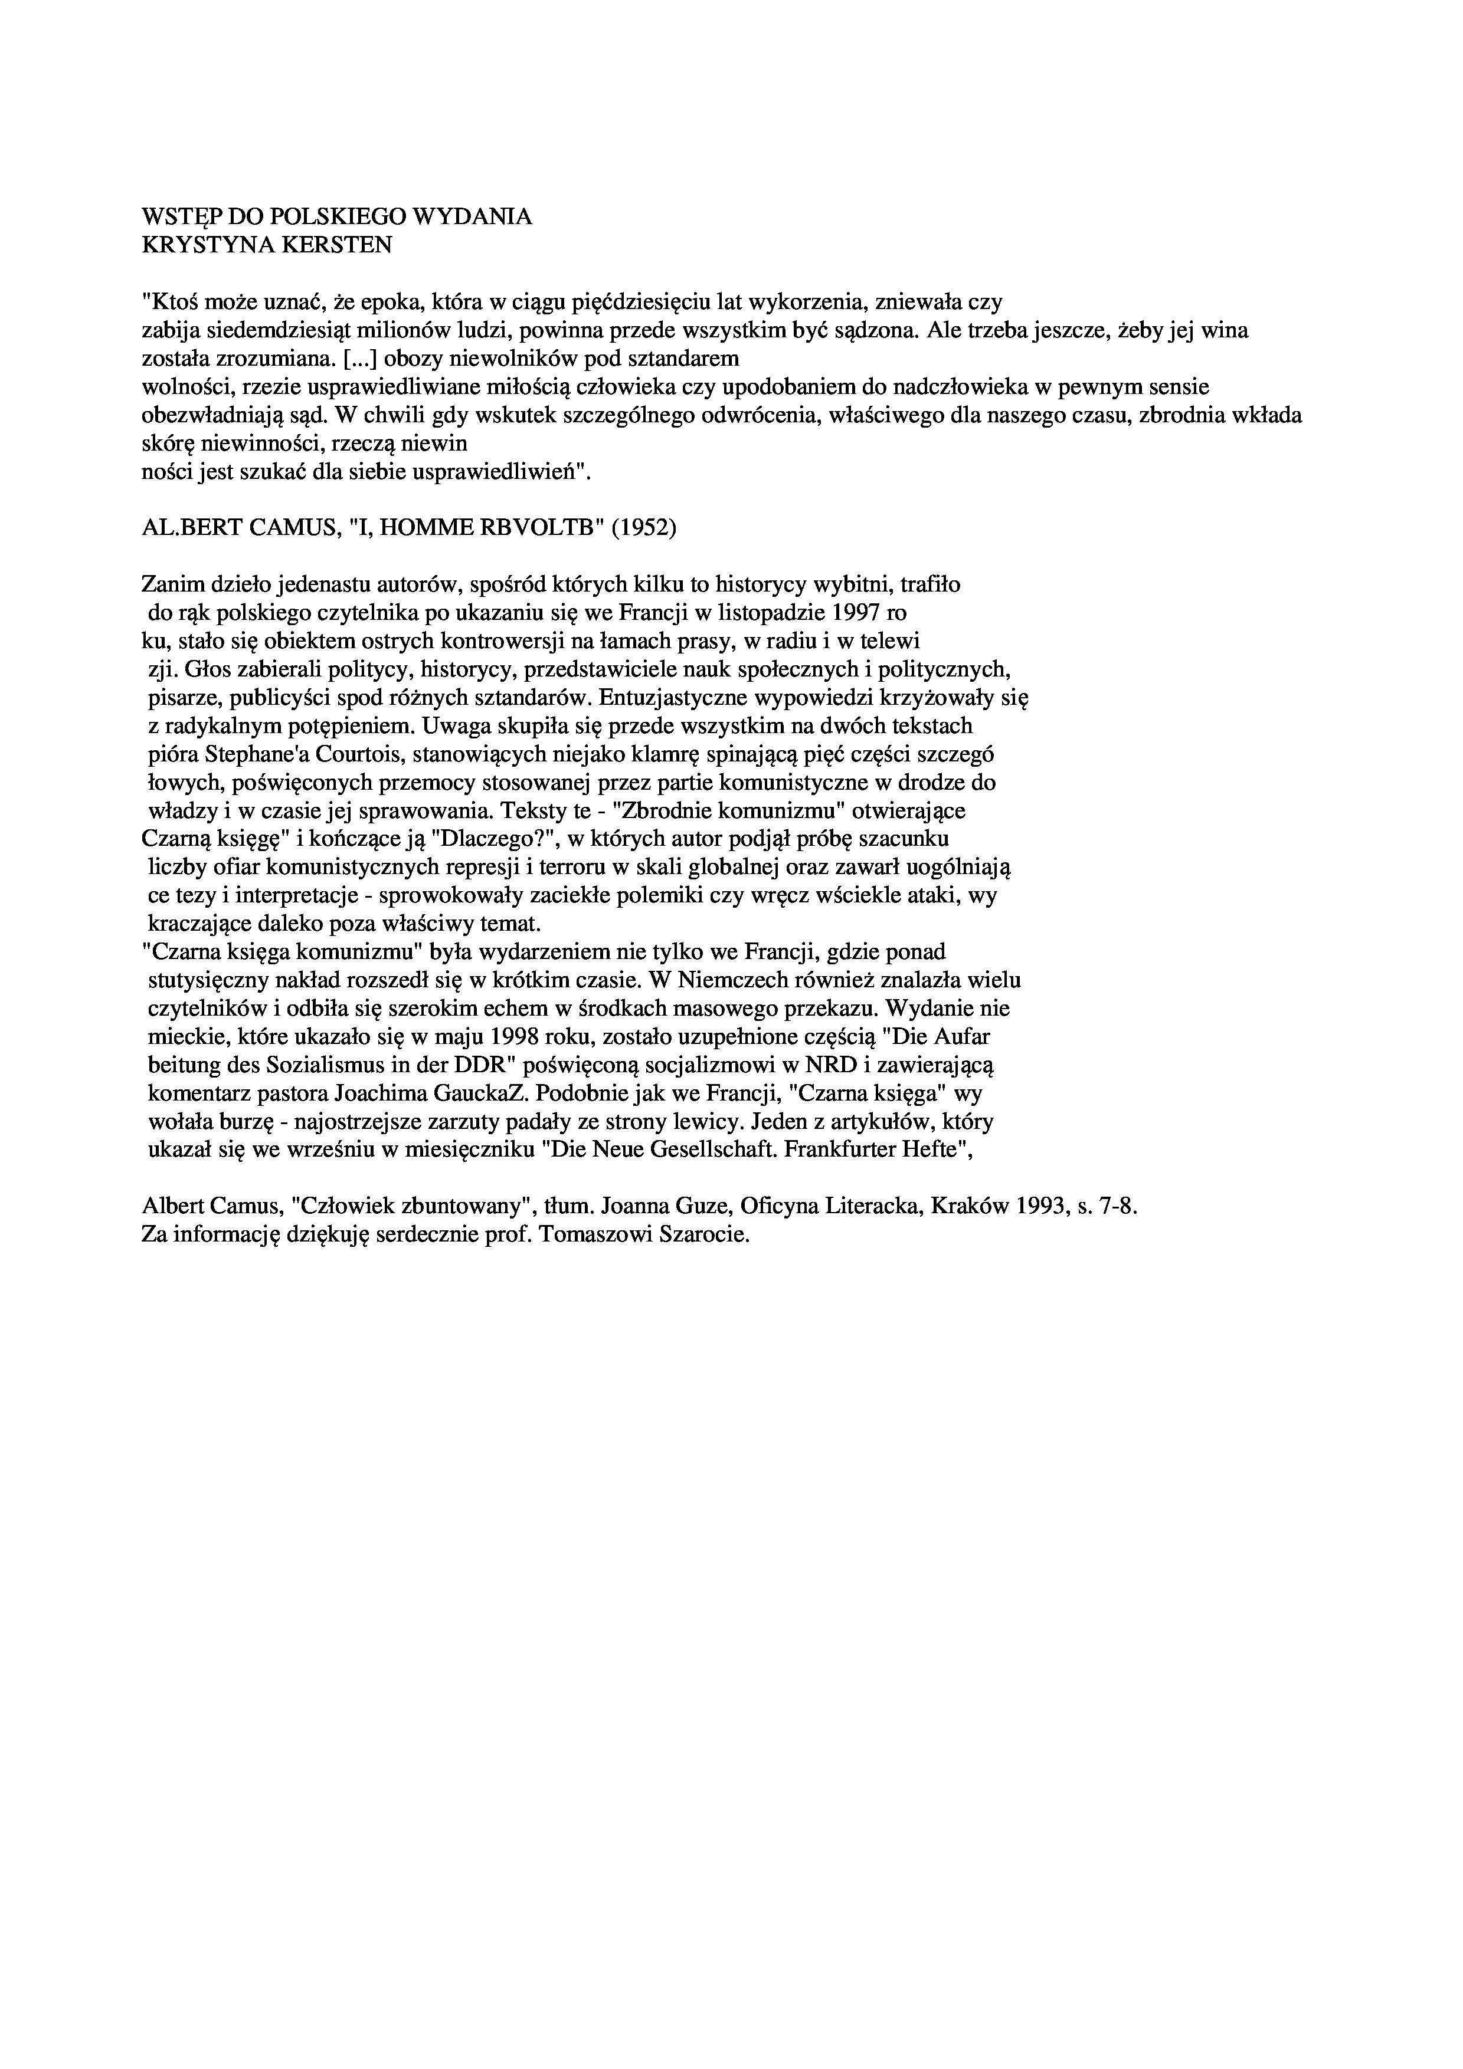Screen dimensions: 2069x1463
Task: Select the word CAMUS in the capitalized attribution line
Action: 287,527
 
